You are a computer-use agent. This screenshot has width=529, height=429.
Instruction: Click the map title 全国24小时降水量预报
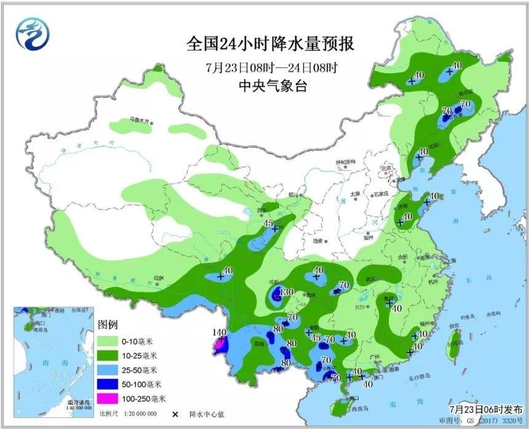coord(271,44)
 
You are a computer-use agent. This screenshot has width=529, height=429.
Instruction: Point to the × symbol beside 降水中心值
coord(175,414)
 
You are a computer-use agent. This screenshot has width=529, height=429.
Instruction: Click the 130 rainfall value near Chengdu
coord(286,292)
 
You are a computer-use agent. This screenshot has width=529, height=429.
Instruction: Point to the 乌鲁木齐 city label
coord(140,120)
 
